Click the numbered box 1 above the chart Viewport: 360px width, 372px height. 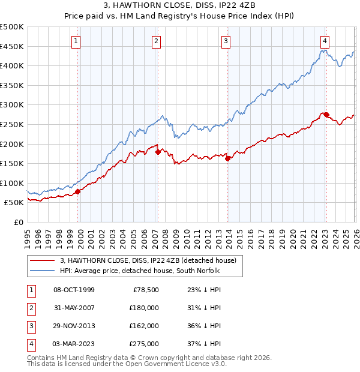coord(77,41)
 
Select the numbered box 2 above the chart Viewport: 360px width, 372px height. coord(156,41)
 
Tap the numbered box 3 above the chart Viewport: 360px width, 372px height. coord(226,41)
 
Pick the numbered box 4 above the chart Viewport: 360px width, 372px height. coord(325,41)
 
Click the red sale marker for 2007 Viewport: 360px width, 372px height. coord(158,152)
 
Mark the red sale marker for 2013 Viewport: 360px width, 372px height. coord(228,159)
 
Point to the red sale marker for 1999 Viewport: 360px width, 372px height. coord(78,191)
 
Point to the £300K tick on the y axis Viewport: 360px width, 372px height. coord(12,105)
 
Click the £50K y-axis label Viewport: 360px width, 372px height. coord(14,203)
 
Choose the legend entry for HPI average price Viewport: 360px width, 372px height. coord(140,271)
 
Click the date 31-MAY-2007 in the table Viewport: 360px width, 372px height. coord(74,307)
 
